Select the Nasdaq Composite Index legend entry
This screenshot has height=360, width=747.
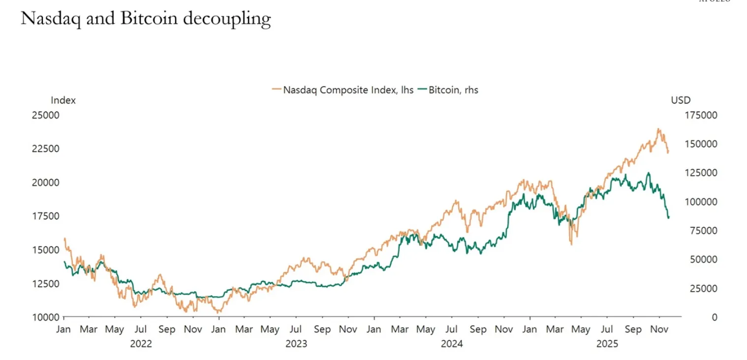point(342,90)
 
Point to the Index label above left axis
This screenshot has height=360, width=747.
point(63,100)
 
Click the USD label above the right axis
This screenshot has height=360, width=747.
point(681,100)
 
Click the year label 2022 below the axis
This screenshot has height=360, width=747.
point(141,344)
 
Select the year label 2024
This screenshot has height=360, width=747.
point(452,344)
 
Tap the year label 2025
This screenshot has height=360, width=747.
point(607,344)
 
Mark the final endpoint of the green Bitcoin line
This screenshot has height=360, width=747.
point(668,217)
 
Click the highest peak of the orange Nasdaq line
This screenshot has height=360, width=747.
point(658,129)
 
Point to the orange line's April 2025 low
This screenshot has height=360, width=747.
point(571,244)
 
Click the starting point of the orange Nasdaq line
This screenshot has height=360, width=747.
point(64,239)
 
